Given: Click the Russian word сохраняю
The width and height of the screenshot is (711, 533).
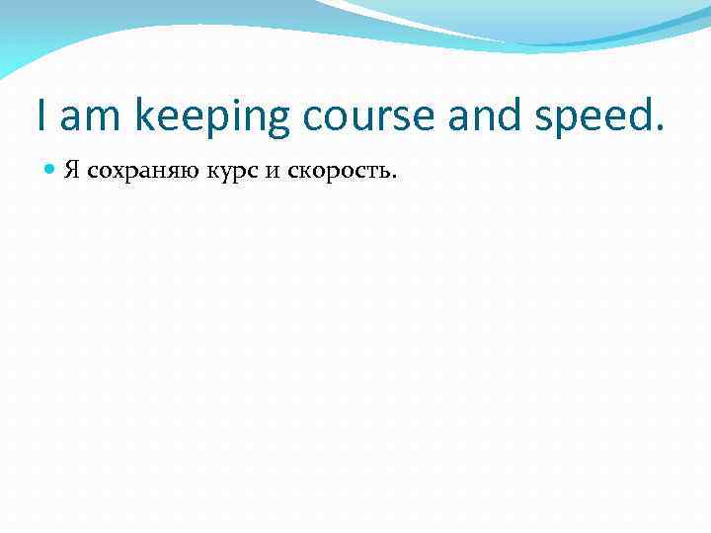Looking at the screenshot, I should (143, 172).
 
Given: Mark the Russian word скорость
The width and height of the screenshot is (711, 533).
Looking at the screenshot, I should (341, 173).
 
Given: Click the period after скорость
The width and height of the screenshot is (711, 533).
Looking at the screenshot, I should (394, 178).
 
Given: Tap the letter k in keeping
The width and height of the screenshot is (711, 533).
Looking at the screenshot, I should (145, 117).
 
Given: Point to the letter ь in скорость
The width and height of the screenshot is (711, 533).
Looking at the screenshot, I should (384, 172).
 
